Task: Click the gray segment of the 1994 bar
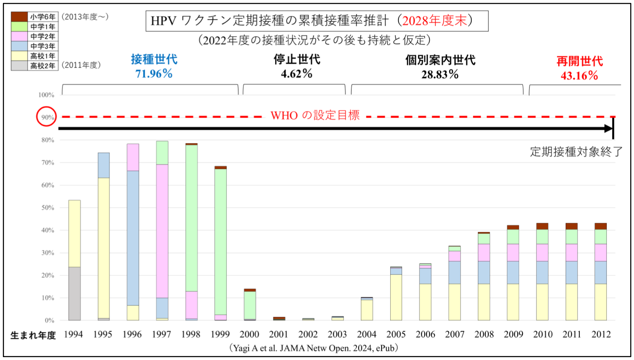[74, 293]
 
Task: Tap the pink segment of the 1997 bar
[162, 231]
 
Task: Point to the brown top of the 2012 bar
[601, 226]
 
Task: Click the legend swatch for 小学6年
[19, 17]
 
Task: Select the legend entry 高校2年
[42, 66]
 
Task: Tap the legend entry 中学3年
[42, 46]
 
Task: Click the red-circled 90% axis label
[46, 117]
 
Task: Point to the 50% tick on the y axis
[47, 208]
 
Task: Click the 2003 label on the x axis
[337, 334]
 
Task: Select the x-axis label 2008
[484, 334]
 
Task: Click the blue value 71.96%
[154, 74]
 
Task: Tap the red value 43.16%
[579, 76]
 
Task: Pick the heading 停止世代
[296, 60]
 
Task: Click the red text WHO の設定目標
[315, 115]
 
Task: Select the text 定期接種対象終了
[576, 152]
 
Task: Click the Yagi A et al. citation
[314, 348]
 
